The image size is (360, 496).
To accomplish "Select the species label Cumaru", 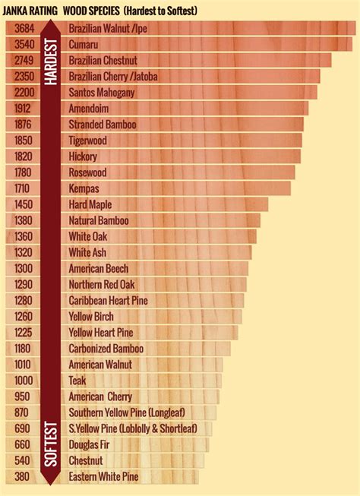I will [84, 45].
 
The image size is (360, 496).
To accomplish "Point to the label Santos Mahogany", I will [102, 93].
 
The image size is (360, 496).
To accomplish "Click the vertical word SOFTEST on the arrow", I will [52, 444].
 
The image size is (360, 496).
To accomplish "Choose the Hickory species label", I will [83, 156].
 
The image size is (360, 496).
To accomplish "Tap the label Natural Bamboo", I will [99, 220].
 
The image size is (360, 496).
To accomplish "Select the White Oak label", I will [87, 237].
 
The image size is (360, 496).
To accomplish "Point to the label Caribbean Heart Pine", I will [108, 301].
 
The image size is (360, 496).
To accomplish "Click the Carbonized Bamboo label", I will [106, 349].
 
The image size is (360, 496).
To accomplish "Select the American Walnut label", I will [99, 365].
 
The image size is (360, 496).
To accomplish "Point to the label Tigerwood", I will [87, 141].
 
